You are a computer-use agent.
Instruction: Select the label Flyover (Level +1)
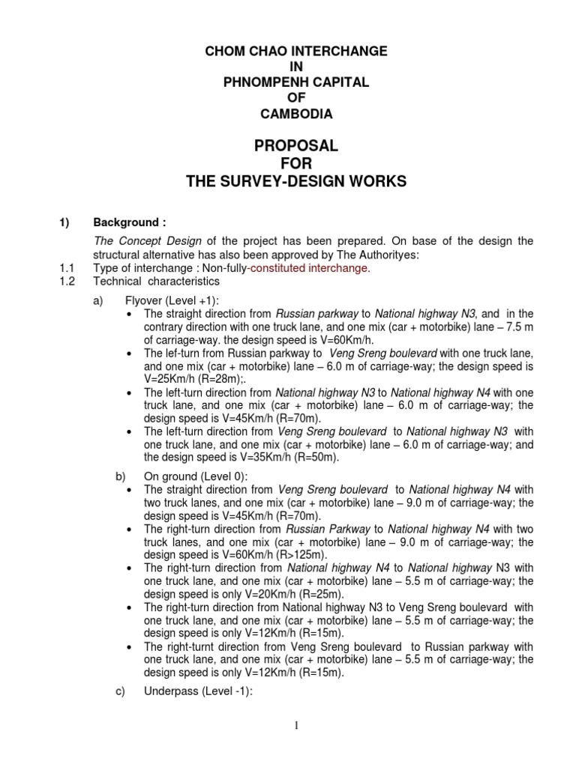click(181, 300)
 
